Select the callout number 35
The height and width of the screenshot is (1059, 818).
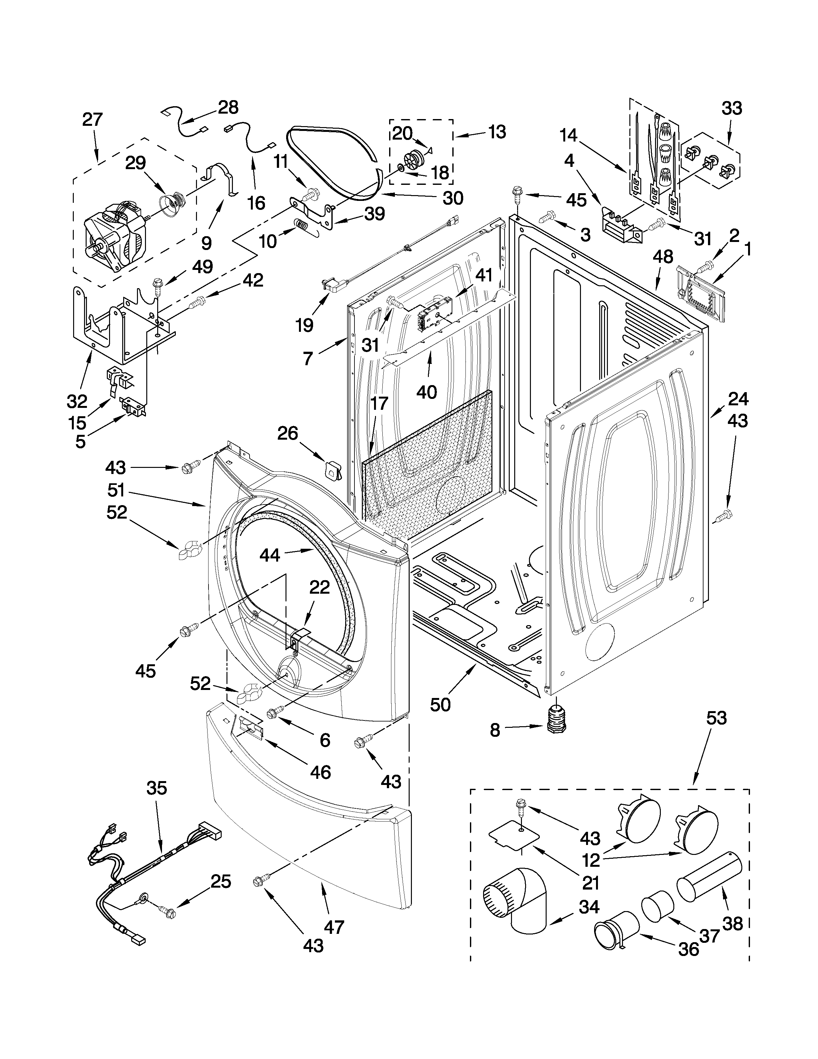(x=157, y=788)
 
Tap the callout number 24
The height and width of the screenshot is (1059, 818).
(x=738, y=399)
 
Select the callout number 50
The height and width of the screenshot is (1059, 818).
(x=440, y=704)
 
